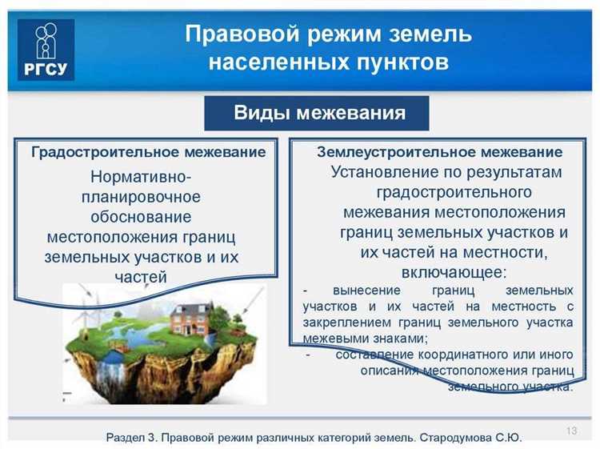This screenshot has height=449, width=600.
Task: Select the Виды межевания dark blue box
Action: [x=318, y=113]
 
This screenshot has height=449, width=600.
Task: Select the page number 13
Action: [x=571, y=431]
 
